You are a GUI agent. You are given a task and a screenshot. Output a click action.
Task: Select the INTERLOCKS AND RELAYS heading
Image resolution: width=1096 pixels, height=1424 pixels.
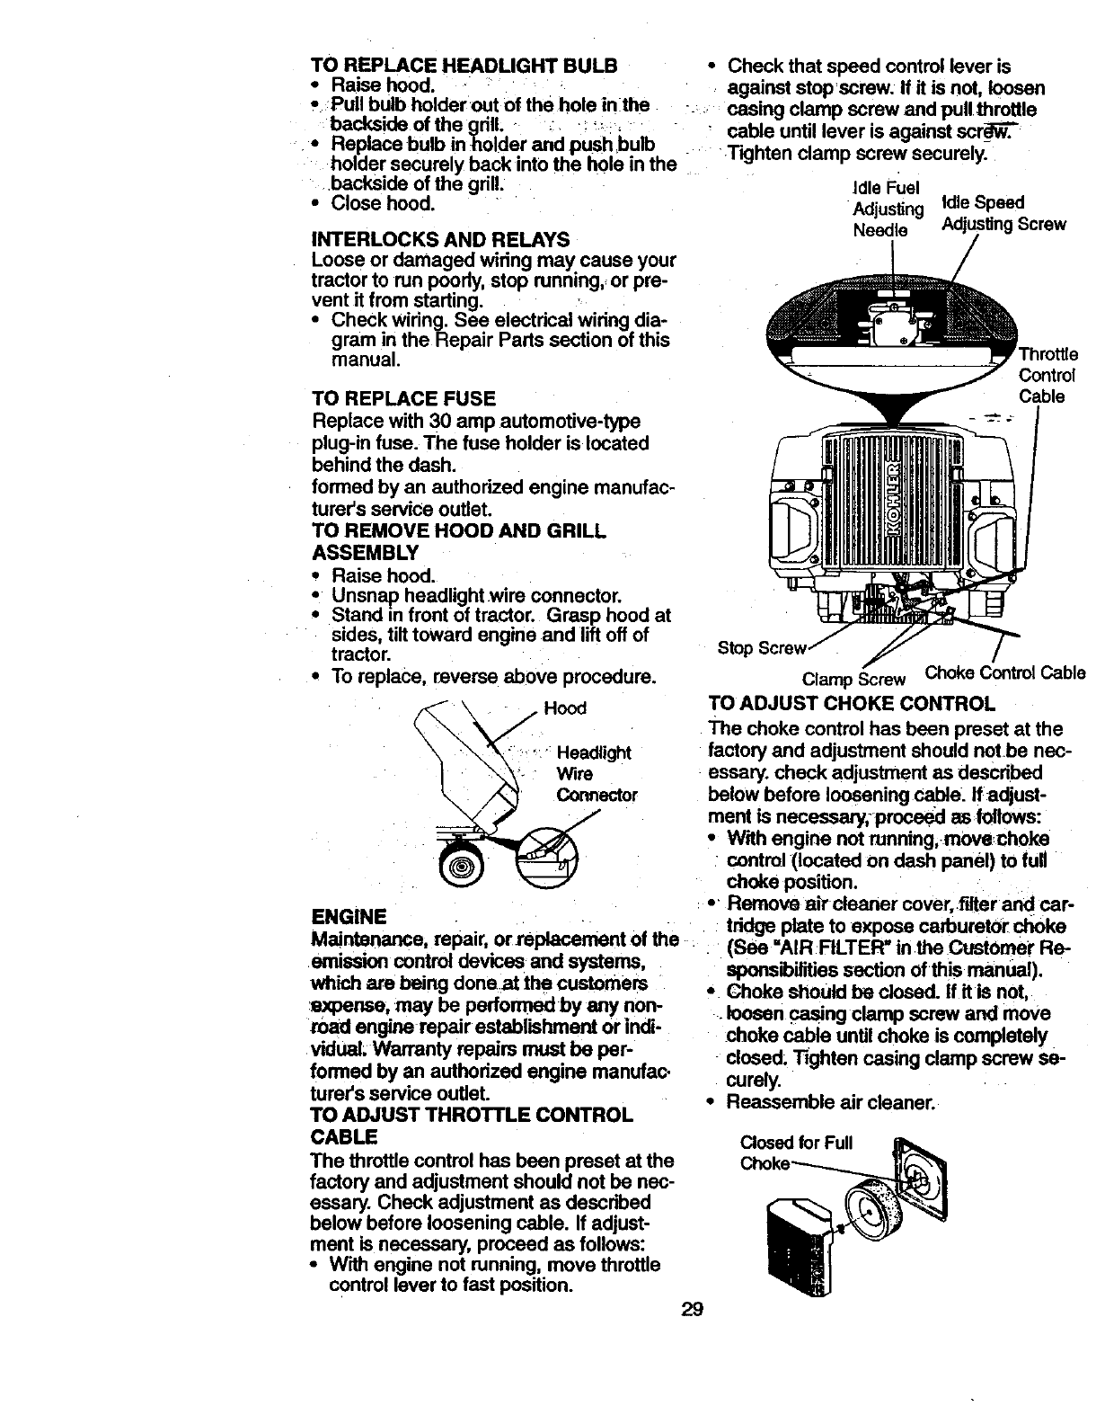(x=439, y=240)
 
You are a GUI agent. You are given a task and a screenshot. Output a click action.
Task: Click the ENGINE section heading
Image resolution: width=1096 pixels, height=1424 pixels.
(x=348, y=917)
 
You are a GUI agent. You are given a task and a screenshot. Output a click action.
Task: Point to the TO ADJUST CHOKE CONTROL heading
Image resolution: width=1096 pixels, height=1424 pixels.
(x=852, y=702)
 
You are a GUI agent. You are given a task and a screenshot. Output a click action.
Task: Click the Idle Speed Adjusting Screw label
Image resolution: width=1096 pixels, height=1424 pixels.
(x=1002, y=214)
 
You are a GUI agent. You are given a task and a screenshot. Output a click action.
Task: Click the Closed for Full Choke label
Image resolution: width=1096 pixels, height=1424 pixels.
(x=795, y=1154)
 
